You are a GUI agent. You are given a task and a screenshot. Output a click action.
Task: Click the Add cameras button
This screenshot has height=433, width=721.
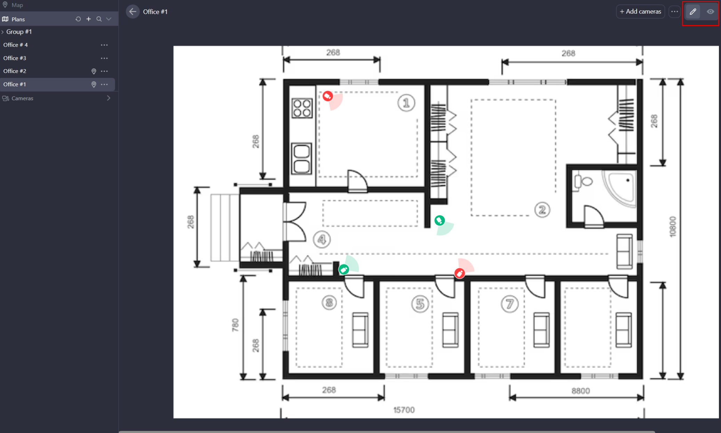point(640,11)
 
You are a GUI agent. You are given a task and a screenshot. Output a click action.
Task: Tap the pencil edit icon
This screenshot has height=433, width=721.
point(693,11)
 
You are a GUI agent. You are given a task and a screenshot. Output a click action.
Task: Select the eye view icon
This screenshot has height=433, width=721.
point(710,11)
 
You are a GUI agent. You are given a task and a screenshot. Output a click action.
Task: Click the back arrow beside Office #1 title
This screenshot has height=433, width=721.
point(133,11)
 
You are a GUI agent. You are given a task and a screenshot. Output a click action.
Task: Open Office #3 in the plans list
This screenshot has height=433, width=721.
point(15,58)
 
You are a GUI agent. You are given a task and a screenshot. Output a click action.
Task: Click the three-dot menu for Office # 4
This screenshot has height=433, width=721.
point(104,45)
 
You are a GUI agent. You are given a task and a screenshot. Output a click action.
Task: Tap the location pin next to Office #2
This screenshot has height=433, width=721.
point(94,71)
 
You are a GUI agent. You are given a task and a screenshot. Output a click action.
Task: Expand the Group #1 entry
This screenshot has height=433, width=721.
point(3,32)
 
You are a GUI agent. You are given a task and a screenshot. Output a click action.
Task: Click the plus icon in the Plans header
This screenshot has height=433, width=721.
point(89,19)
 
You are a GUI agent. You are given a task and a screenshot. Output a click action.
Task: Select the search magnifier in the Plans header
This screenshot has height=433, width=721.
point(99,19)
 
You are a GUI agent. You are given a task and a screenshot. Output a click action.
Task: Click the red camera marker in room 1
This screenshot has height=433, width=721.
point(328,96)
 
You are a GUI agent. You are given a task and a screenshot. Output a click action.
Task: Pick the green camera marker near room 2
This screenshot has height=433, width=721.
point(440,220)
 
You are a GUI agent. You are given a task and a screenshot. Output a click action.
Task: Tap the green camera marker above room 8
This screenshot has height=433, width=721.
point(344,269)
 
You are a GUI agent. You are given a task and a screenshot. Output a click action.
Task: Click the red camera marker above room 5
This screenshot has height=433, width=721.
point(459,273)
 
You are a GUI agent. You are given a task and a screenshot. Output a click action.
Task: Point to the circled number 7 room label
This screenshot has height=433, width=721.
point(510,304)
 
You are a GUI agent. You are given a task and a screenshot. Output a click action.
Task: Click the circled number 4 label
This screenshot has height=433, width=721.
point(322,239)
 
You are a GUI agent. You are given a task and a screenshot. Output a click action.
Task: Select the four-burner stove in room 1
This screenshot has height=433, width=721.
point(302,108)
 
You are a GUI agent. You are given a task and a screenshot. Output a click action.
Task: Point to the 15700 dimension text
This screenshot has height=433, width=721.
point(404,410)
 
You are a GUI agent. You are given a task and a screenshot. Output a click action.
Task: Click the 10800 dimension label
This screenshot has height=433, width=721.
point(673,227)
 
